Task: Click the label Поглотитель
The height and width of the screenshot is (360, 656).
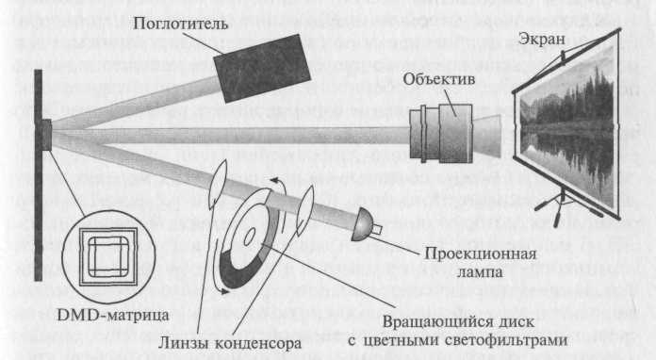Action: [180, 24]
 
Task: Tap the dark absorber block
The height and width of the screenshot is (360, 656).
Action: [262, 68]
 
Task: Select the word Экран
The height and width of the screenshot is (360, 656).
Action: [542, 39]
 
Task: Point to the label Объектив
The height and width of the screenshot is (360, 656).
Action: [439, 79]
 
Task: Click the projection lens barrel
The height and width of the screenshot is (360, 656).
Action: [441, 134]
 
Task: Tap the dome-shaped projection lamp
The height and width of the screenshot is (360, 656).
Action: [362, 225]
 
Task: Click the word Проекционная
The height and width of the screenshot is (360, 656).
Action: [481, 254]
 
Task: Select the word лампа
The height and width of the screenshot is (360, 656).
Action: [480, 272]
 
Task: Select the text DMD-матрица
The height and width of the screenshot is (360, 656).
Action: [113, 315]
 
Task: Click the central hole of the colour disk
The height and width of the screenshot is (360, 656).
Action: [249, 237]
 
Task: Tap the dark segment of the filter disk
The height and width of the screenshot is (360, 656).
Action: [238, 270]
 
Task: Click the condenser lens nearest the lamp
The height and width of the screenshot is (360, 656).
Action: [305, 209]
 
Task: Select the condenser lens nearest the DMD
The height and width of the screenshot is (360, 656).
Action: [217, 184]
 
